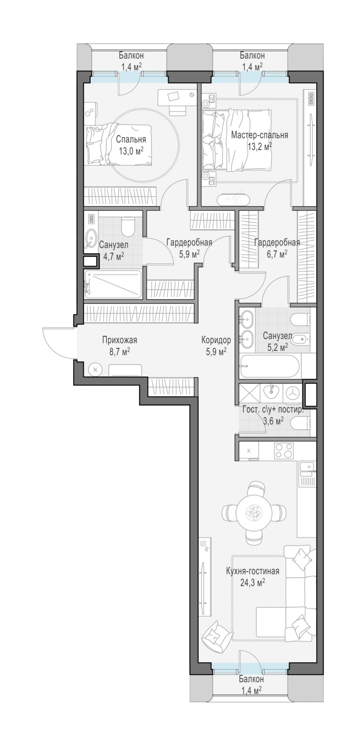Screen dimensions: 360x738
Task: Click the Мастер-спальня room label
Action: pos(259,135)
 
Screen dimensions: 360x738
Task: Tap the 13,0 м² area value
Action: pos(131,151)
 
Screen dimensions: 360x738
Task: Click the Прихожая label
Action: pos(120,340)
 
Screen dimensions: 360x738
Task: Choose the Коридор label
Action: pos(216,340)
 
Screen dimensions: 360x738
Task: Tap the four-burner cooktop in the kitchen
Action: pos(284,451)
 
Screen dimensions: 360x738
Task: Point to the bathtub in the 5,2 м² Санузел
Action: pos(270,367)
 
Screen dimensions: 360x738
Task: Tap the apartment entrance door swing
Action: pos(59,342)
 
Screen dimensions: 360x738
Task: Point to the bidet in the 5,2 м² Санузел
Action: pos(301,338)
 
